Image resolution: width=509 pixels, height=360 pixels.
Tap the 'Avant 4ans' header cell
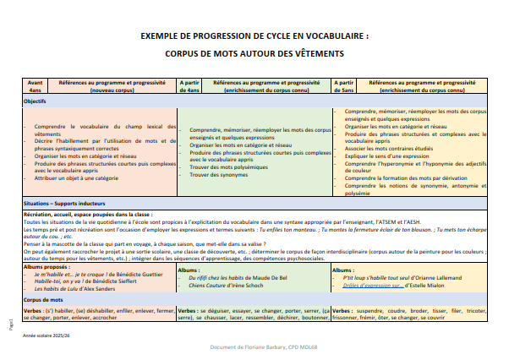click(x=35, y=85)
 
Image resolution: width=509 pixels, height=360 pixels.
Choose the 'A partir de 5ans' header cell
click(x=346, y=85)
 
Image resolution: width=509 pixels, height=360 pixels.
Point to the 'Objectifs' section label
click(x=35, y=101)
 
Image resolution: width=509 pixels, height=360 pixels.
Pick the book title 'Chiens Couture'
click(x=216, y=285)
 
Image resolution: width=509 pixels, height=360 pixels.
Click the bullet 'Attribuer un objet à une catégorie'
click(x=79, y=178)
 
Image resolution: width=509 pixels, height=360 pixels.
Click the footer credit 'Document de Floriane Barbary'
click(x=254, y=346)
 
